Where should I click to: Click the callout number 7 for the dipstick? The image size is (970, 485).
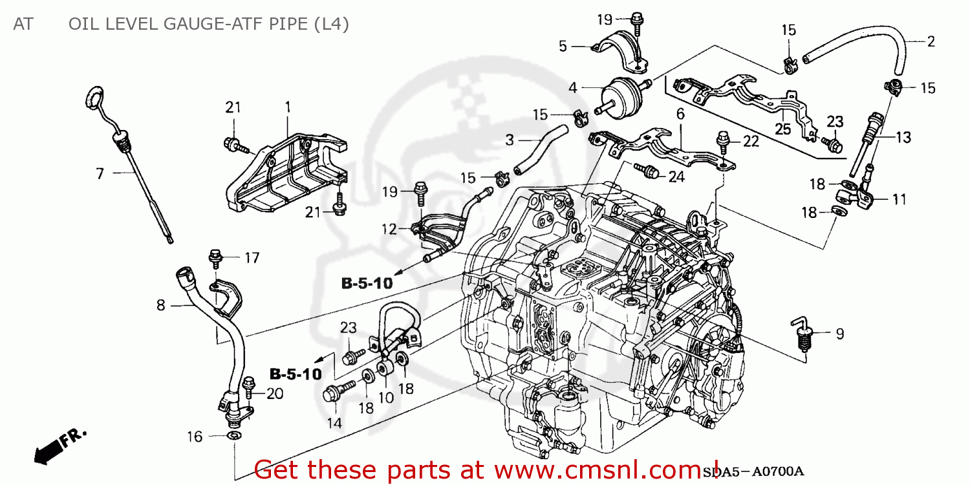(x=100, y=173)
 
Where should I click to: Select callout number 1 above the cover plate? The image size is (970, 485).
(x=288, y=105)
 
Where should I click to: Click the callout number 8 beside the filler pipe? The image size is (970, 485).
(x=161, y=305)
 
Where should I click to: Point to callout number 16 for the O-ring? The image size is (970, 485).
(x=195, y=437)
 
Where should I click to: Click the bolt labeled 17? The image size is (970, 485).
(x=215, y=257)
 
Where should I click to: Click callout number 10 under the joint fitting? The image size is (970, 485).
(x=386, y=398)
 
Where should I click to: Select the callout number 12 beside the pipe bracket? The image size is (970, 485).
(x=389, y=228)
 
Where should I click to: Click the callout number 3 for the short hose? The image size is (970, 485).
(x=510, y=139)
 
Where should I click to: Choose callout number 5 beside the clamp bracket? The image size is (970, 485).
(x=563, y=46)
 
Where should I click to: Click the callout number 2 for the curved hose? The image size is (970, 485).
(x=931, y=42)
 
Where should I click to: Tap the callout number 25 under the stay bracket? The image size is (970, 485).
(x=783, y=129)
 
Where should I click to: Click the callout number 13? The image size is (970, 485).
(x=903, y=137)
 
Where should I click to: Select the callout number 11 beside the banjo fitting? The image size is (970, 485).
(x=900, y=200)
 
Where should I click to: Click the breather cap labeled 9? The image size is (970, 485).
(x=804, y=334)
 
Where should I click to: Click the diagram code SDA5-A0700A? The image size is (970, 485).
(x=754, y=472)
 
